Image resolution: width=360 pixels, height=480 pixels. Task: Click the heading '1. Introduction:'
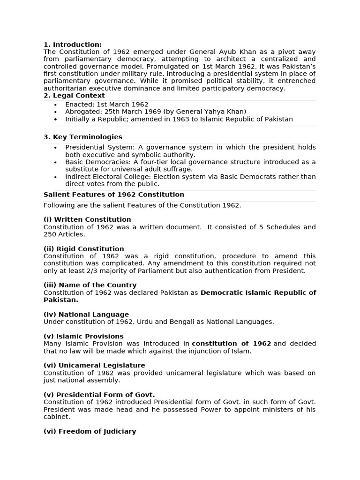tap(73, 45)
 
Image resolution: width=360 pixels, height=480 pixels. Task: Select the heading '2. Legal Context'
tap(74, 96)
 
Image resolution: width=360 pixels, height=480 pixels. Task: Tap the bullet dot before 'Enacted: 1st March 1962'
tap(56, 105)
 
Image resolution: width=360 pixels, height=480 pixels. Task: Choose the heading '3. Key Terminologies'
tap(83, 137)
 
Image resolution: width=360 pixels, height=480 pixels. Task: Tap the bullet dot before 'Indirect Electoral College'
tap(56, 177)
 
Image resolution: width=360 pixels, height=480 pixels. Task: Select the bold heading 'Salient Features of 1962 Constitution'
tap(114, 195)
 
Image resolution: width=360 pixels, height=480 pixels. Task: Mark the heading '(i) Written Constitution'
tap(87, 219)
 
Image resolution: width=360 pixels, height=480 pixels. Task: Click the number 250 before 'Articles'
tap(50, 234)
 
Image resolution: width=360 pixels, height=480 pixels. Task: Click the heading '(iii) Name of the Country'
tap(90, 285)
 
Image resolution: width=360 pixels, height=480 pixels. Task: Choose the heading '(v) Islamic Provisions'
tap(83, 336)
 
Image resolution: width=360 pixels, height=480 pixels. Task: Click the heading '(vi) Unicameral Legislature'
tap(94, 365)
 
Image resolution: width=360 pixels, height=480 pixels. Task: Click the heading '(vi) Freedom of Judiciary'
tap(90, 431)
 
